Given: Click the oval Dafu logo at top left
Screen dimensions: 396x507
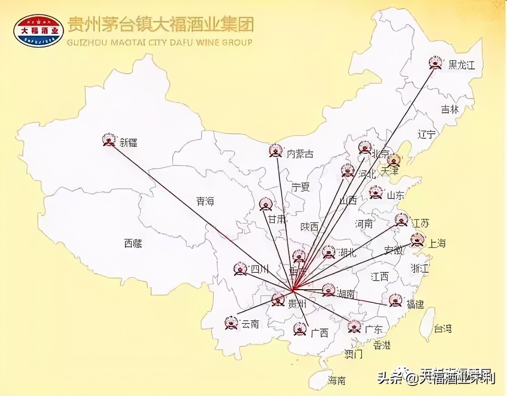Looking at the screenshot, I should (38, 31).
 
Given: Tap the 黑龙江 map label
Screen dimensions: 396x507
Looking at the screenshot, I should (461, 65).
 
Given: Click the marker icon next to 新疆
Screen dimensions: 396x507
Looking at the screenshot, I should (109, 140).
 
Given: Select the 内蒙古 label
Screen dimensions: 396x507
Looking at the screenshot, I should (300, 154).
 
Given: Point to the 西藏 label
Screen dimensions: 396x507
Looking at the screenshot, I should (133, 244).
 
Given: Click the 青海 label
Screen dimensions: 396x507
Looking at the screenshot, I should (205, 201).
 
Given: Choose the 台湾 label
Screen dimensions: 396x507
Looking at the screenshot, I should (442, 328).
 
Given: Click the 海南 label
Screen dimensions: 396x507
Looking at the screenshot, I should (337, 380).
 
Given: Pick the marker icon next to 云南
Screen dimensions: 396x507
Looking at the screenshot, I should (231, 323).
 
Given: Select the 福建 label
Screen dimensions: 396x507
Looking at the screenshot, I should (415, 304).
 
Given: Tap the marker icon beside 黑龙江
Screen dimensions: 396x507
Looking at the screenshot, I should (436, 63).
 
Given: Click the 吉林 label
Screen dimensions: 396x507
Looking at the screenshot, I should (450, 109).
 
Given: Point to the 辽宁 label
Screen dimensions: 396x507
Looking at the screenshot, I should (427, 134).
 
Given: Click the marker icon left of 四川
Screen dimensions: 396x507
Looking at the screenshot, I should (240, 269).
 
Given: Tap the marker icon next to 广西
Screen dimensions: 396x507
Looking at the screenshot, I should (299, 329).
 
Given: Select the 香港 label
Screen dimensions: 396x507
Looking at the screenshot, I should (382, 345).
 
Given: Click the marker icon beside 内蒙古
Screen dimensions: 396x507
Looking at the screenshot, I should (275, 151).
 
